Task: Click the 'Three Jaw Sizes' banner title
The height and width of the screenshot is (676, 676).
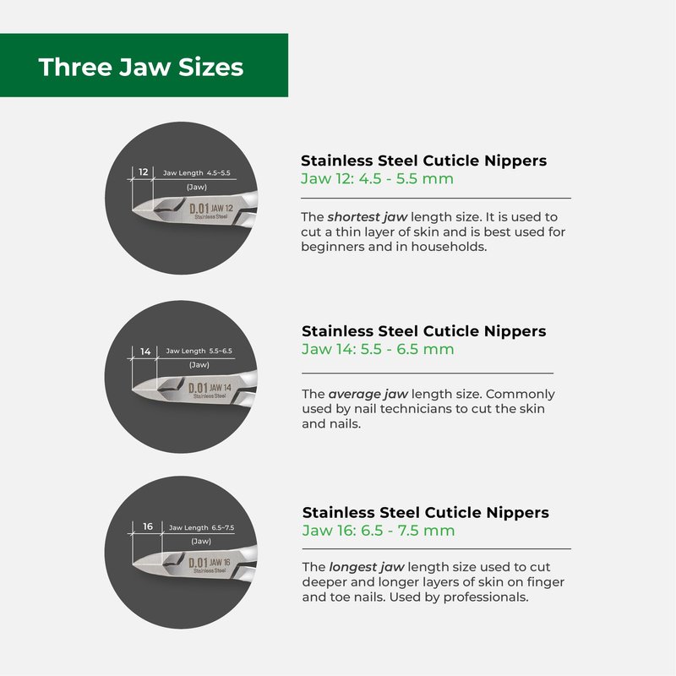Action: (141, 68)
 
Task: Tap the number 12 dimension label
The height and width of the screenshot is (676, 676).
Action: (143, 172)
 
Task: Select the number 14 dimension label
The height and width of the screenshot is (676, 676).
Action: (145, 352)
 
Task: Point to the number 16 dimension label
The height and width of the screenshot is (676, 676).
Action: (148, 526)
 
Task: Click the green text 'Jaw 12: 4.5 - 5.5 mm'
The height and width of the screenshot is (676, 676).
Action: (377, 178)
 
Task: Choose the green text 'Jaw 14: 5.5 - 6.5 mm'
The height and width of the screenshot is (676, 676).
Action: (378, 349)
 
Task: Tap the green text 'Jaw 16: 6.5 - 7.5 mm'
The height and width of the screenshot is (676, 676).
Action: (379, 531)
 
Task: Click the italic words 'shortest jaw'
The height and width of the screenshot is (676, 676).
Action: (368, 217)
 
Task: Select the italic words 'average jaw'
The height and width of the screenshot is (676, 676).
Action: (368, 394)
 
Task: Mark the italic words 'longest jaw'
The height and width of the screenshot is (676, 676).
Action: (367, 567)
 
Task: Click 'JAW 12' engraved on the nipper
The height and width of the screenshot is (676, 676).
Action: (221, 208)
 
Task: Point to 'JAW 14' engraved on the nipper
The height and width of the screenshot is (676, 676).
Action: (221, 388)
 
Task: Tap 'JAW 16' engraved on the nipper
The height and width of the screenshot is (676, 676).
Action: (220, 562)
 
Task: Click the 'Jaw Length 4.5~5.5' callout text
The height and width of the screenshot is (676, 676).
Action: (197, 173)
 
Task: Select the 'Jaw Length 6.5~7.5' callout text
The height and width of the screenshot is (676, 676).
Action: (202, 527)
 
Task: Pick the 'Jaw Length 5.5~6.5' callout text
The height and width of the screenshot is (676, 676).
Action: (199, 351)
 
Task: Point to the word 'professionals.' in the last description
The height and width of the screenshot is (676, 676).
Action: (486, 597)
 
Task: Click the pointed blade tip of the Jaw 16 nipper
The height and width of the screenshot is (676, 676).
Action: (134, 563)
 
